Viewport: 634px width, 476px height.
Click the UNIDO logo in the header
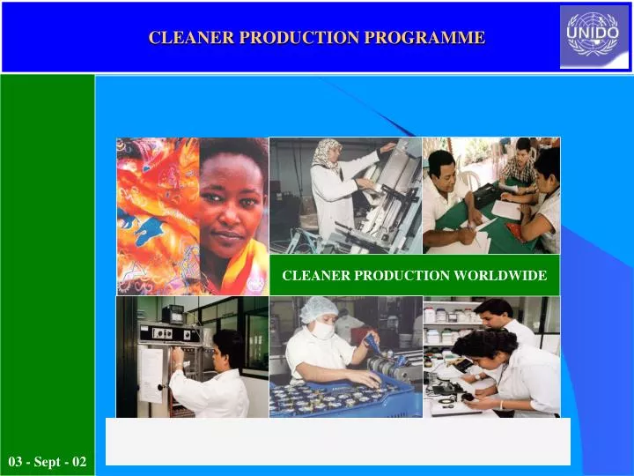click(594, 37)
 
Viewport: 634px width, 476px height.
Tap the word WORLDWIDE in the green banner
click(500, 275)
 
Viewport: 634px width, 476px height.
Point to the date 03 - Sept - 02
click(48, 461)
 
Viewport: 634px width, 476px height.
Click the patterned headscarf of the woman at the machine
click(326, 153)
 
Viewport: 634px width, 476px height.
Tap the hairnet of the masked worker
click(318, 309)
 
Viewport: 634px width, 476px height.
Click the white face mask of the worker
click(323, 330)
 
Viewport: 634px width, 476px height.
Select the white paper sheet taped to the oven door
click(150, 375)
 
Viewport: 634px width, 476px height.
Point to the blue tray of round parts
click(343, 398)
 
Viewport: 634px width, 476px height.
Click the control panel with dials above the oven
click(169, 333)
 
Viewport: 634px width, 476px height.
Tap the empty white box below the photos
click(338, 442)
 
